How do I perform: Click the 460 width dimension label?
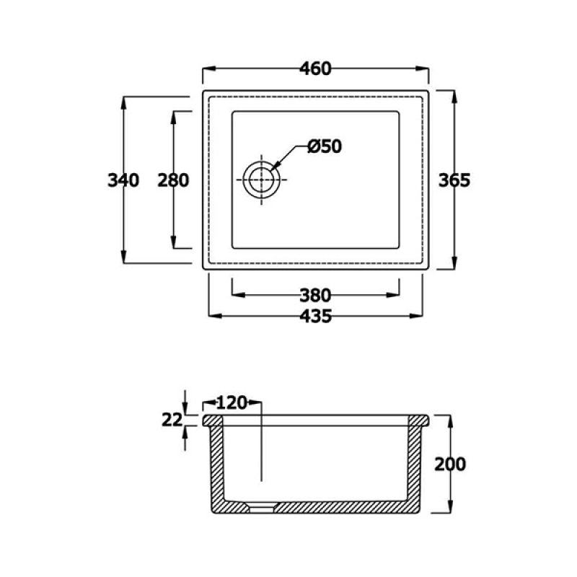(x=315, y=69)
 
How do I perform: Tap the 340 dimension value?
(x=123, y=180)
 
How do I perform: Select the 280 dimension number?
(x=173, y=180)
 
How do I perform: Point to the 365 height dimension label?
(x=454, y=180)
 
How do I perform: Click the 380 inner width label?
(x=315, y=295)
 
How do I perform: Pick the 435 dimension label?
(x=315, y=316)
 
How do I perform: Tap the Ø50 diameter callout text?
(x=325, y=146)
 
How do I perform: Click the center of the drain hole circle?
(x=261, y=180)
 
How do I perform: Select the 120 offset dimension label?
(x=232, y=403)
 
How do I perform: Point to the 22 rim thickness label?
(x=172, y=420)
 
